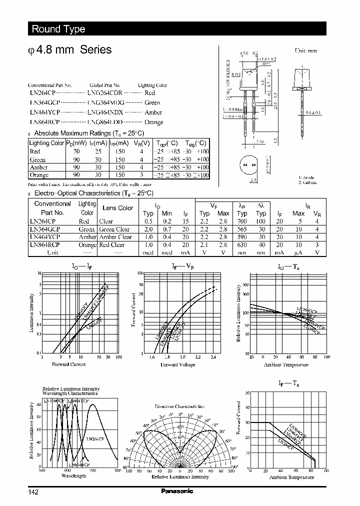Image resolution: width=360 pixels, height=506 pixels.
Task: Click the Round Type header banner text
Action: [58, 29]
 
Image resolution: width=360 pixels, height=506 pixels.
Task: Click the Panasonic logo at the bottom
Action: [176, 491]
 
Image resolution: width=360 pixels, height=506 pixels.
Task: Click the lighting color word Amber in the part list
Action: [153, 112]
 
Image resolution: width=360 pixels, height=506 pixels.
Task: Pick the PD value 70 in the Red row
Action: [76, 151]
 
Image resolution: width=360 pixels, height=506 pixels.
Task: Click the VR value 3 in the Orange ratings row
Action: [141, 175]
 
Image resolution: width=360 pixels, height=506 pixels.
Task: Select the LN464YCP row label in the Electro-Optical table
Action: [45, 237]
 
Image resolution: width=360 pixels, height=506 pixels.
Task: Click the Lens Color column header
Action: [117, 208]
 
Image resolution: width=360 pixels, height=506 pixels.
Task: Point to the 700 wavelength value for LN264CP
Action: [241, 221]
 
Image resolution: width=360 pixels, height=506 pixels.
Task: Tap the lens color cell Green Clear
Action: [115, 229]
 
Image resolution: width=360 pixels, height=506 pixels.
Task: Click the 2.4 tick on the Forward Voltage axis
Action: [213, 357]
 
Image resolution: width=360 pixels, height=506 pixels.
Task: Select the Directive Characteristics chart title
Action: [179, 406]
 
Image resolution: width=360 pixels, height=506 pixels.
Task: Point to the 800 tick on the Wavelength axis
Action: [117, 470]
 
